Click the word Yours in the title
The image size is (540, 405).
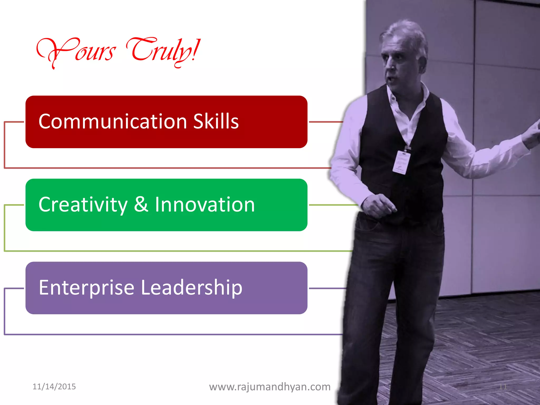76,51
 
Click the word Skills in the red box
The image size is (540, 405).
216,122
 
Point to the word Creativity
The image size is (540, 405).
83,205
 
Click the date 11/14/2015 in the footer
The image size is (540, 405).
54,387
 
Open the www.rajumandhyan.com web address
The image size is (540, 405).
270,387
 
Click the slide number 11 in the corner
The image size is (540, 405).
503,387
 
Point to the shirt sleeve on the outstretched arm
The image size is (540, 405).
488,156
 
